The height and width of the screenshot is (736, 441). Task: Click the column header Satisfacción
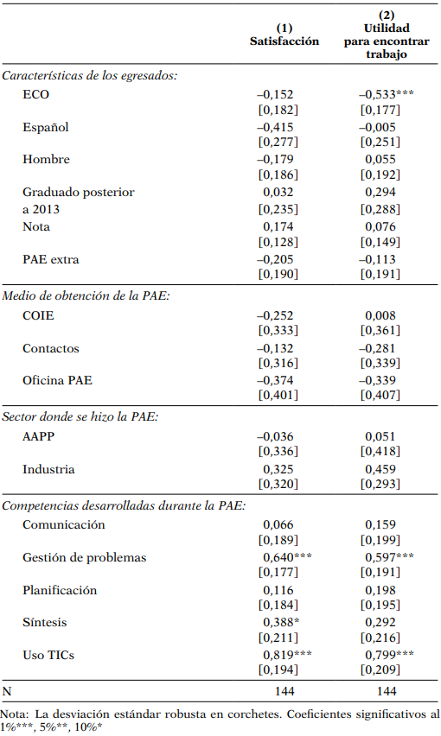(284, 41)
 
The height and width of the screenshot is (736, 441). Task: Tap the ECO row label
(36, 95)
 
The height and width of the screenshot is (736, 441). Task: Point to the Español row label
(46, 128)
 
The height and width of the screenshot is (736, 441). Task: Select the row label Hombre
(47, 160)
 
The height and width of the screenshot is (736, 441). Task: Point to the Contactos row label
(51, 348)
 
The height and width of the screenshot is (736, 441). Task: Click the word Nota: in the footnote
(15, 714)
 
